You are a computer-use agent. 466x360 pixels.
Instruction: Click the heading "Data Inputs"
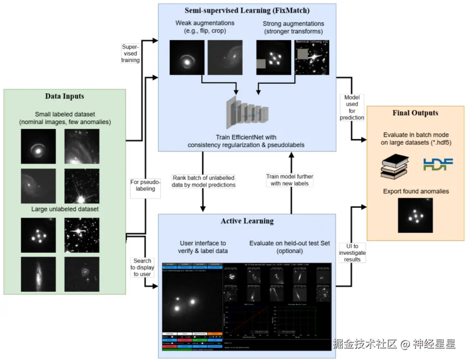coord(64,96)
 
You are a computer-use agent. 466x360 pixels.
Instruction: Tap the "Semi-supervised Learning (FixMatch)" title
coord(247,10)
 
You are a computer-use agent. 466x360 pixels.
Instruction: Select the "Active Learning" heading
coord(247,221)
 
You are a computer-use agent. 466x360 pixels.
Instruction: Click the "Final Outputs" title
coord(415,113)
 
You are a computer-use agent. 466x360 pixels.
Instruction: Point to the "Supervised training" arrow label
coord(130,53)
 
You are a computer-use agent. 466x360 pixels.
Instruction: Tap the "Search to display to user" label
coord(142,267)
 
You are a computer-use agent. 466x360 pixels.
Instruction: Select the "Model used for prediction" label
coord(352,107)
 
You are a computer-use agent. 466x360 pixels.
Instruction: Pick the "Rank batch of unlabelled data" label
coord(204,181)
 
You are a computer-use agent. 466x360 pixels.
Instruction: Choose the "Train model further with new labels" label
coord(290,180)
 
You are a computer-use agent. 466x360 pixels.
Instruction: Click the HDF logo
coord(438,164)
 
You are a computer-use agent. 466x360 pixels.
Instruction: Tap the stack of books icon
coord(395,166)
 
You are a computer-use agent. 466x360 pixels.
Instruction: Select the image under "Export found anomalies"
coord(415,215)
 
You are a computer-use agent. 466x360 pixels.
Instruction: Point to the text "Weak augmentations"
coord(205,22)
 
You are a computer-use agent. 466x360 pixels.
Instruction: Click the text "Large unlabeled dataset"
coord(65,209)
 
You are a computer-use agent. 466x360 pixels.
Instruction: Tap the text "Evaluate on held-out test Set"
coord(290,243)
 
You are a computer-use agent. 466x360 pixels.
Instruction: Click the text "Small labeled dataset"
coord(65,114)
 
